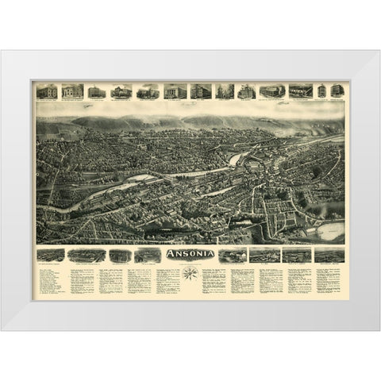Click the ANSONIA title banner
coord(190,254)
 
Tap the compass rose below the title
coord(190,274)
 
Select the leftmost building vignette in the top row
coord(47,90)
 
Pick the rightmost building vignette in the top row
coord(337,90)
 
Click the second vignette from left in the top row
coord(72,90)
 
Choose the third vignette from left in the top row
coord(96,90)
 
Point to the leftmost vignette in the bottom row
coord(51,255)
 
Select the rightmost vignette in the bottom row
coord(329,255)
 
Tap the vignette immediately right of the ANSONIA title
coord(232,255)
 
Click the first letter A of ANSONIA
coord(168,254)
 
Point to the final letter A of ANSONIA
coord(211,254)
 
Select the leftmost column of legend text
coord(49,281)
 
